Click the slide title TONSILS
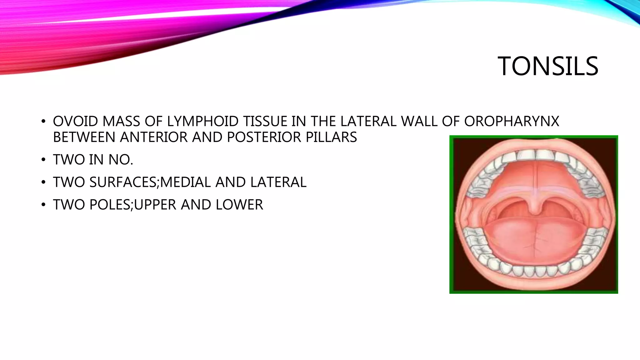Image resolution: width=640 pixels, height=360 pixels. tap(548, 66)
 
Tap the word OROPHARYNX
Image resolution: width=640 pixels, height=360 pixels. tap(512, 121)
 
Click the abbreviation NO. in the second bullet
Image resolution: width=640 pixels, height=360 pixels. tap(121, 160)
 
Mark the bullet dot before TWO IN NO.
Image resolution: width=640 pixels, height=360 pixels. tap(43, 160)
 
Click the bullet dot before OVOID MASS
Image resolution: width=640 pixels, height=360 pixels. tap(43, 122)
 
